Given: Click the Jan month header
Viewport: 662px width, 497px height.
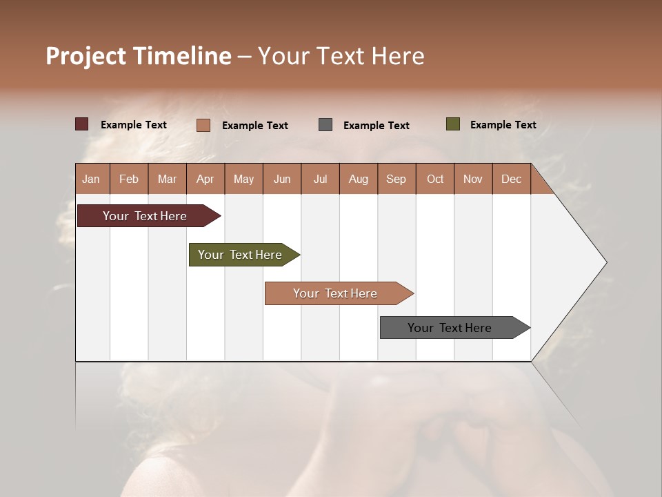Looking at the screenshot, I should click(91, 179).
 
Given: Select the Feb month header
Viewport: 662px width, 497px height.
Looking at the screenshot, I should click(129, 179).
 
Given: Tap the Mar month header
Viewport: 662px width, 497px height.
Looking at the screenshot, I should click(167, 179).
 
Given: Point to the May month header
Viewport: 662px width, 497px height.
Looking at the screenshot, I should click(243, 179).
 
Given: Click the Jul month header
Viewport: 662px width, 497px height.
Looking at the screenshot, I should click(320, 179).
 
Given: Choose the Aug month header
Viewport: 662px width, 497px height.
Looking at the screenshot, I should click(358, 179).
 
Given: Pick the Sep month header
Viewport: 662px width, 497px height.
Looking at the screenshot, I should click(396, 179).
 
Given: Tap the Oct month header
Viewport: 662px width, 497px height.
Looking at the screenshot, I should click(435, 179).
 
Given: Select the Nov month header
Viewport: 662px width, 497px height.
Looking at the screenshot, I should click(473, 179).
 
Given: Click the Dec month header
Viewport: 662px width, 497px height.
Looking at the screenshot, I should click(511, 179).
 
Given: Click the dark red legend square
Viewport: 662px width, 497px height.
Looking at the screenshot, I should click(82, 124).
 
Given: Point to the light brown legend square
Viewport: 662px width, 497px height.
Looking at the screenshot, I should click(203, 125).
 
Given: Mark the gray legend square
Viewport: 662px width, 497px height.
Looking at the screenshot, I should click(325, 124).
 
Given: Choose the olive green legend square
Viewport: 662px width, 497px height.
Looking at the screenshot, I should click(453, 124).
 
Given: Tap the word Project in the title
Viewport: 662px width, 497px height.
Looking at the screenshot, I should click(86, 56).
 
